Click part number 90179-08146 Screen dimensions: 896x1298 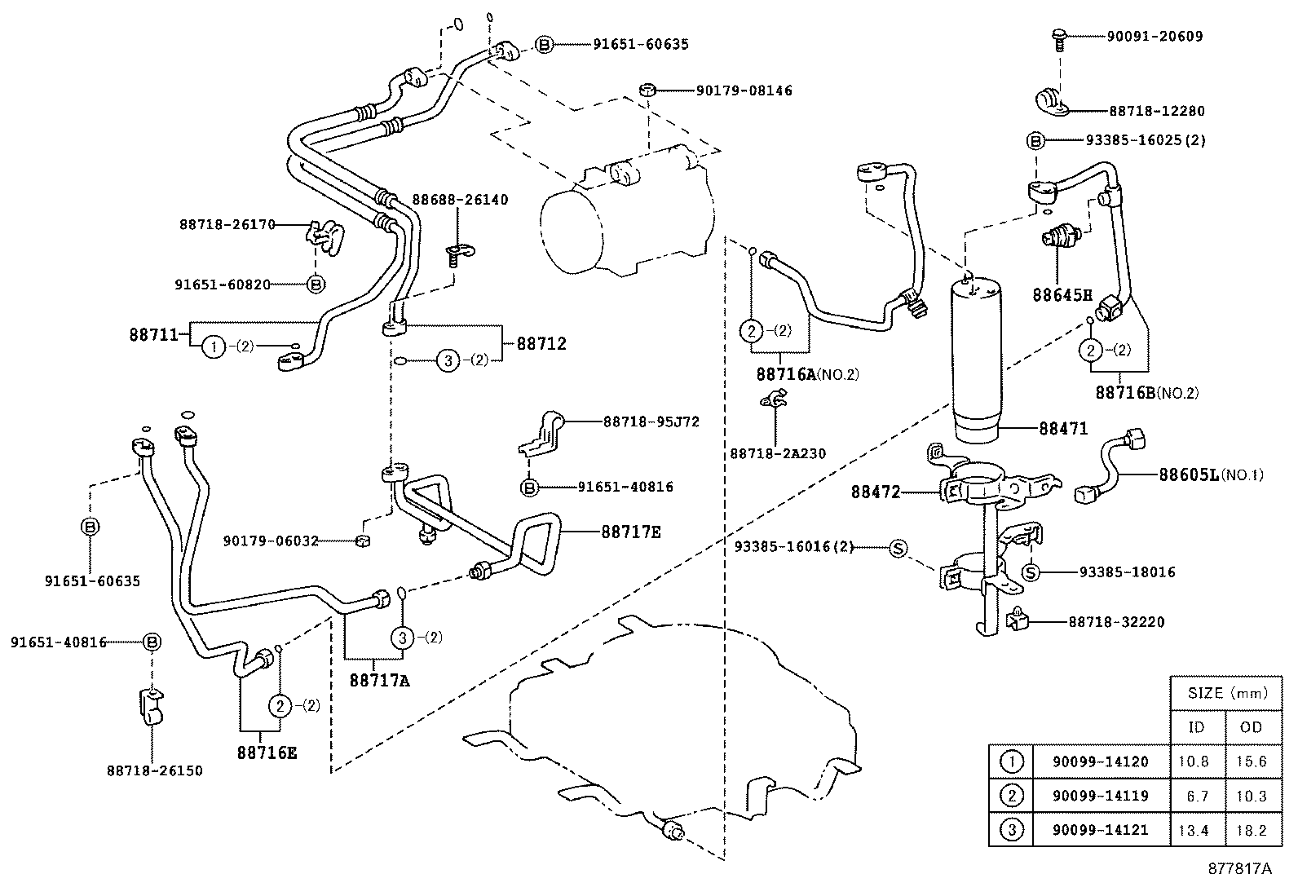[x=744, y=90]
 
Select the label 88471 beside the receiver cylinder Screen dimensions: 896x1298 [x=1063, y=428]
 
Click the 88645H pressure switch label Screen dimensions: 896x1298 [x=1062, y=295]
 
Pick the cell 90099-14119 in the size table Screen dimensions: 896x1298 [x=1100, y=796]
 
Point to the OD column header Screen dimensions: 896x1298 [x=1251, y=726]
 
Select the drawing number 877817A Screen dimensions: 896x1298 [x=1239, y=868]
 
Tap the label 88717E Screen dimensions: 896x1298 [x=631, y=532]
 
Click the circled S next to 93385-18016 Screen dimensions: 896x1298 [x=1031, y=572]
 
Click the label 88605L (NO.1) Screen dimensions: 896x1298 [x=1210, y=474]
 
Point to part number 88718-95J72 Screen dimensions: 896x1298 [x=651, y=422]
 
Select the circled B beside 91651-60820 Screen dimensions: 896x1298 [x=316, y=285]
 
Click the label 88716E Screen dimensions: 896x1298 [x=267, y=753]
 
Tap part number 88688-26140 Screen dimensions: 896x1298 [x=460, y=199]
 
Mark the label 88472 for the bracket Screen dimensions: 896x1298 [x=876, y=492]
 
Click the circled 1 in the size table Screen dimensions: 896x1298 [x=1011, y=761]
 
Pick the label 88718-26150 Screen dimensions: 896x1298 [x=154, y=770]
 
